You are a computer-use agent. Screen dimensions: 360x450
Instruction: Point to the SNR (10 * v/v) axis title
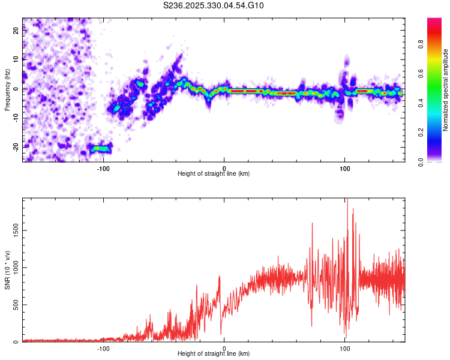click(x=7, y=270)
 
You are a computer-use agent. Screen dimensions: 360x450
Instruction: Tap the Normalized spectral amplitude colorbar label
click(x=445, y=90)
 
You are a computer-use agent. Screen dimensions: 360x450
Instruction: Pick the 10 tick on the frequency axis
click(x=16, y=59)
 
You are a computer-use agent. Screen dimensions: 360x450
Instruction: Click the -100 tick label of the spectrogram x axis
click(x=103, y=167)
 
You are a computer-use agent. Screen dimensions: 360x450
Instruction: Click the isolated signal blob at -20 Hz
click(x=100, y=148)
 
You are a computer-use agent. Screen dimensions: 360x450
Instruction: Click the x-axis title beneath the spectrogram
click(x=214, y=174)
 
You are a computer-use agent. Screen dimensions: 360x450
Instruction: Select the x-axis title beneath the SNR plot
click(x=214, y=354)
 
